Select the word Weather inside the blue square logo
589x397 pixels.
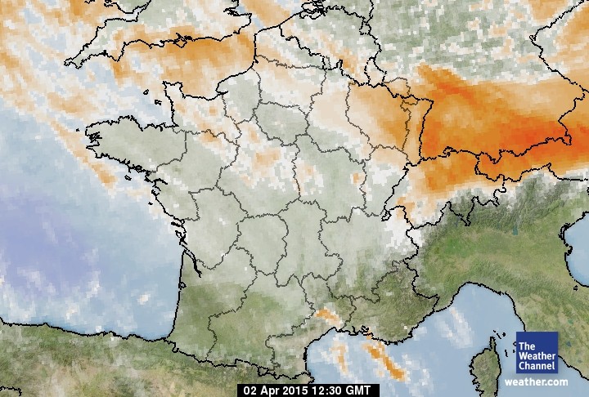[x=537, y=356]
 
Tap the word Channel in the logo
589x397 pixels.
[x=537, y=366]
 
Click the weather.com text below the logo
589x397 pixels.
[x=536, y=381]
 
